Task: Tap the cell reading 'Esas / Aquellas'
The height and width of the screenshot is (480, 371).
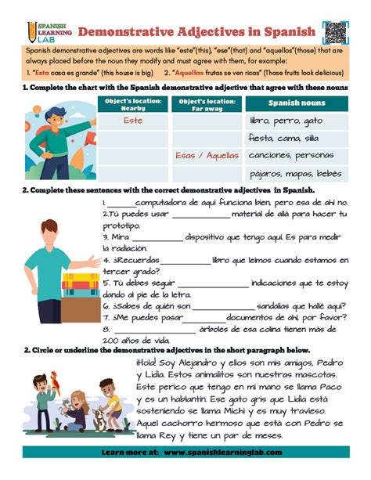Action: [207, 155]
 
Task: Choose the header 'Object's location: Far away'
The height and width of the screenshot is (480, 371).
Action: [207, 103]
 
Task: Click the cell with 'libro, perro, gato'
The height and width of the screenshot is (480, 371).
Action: [286, 121]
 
